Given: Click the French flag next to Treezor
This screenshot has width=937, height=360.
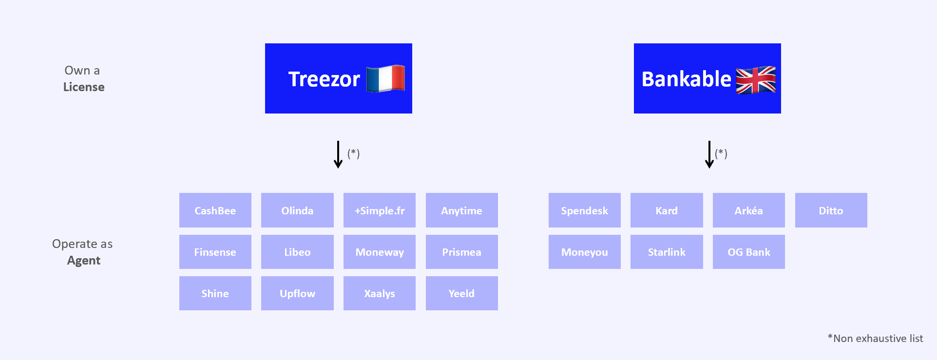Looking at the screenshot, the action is pos(385,78).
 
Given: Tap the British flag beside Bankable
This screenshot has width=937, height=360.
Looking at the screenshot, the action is pos(756,79).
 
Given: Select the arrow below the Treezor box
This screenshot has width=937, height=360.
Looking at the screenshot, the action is pos(338,155).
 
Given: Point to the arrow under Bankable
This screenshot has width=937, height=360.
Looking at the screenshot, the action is pos(709,155).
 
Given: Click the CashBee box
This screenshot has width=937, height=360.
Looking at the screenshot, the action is pos(215,210).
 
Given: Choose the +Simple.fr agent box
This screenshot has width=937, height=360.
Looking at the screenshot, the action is pos(380,210).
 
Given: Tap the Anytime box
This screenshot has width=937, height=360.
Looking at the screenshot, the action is pos(461,210).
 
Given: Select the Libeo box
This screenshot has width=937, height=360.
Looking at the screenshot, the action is pos(297,252).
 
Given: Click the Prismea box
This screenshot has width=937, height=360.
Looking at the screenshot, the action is pos(461,252).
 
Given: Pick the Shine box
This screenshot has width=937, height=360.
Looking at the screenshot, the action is pos(215,293).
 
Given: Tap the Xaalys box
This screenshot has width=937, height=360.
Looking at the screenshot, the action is pos(380,293).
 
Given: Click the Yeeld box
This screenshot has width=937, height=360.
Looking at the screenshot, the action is pos(461,293).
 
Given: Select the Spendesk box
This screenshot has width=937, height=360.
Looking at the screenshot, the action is pos(584,210).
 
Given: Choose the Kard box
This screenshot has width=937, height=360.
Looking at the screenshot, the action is pos(667,210).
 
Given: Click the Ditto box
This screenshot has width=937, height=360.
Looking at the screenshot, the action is pos(831,210).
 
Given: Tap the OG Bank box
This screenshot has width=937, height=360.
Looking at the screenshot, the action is pos(749,252).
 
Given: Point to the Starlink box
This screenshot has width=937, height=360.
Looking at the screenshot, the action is pos(667,252).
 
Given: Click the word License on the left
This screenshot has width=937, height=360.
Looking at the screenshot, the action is pos(84,87).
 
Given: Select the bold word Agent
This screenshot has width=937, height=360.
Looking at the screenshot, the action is pos(84,261).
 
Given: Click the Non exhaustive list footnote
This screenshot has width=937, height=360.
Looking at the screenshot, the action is pos(875,339).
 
